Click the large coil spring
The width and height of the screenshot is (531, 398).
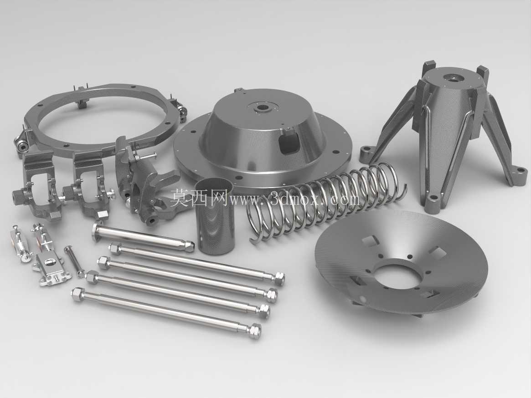pyautogui.click(x=325, y=203)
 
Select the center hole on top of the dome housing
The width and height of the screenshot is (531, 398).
pyautogui.click(x=262, y=109)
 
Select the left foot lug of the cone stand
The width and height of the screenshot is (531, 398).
pyautogui.click(x=366, y=153)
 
